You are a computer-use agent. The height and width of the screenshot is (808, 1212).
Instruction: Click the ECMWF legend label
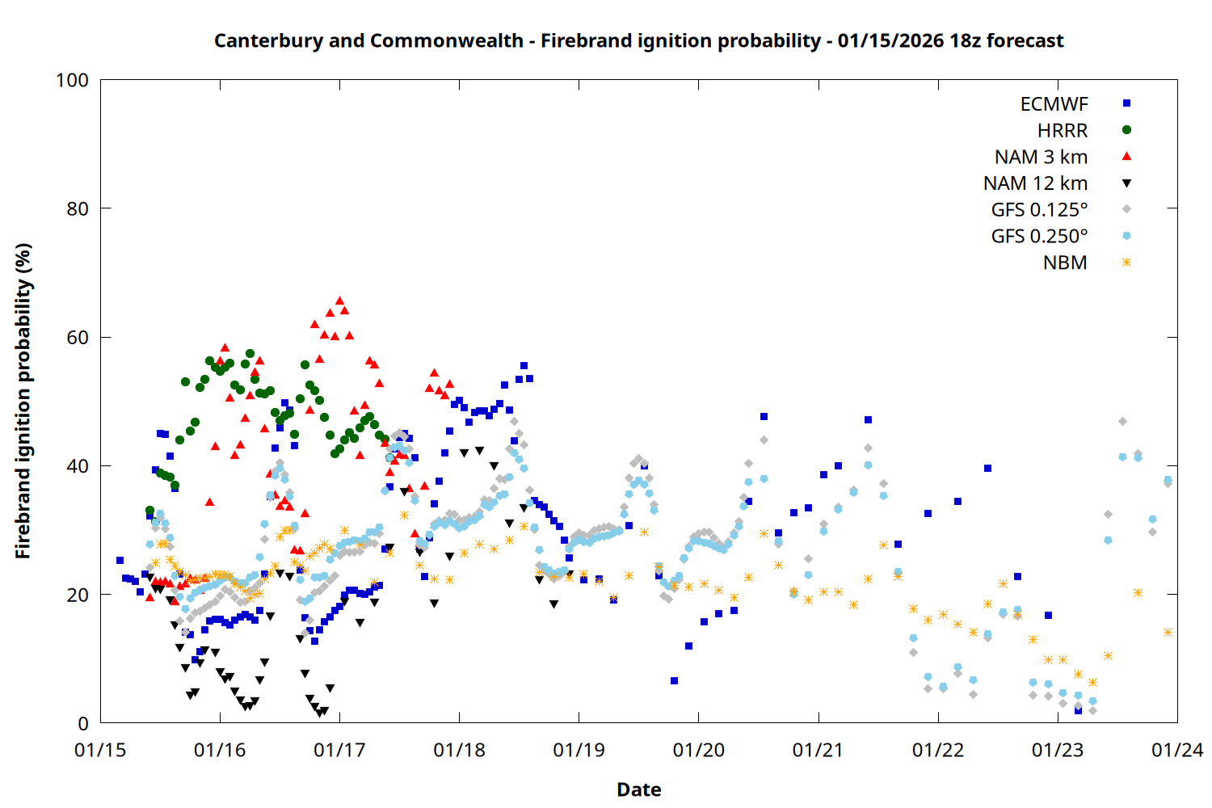[x=1054, y=104]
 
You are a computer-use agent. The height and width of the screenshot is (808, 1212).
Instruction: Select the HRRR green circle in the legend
[x=1126, y=130]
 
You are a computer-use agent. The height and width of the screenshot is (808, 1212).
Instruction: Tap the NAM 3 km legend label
[x=1041, y=157]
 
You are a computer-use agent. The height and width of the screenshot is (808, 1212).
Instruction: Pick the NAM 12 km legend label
[x=1035, y=183]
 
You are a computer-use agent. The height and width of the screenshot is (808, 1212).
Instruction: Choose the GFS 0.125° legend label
[x=1039, y=210]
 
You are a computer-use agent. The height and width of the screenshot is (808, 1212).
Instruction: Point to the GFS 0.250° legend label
[x=1039, y=237]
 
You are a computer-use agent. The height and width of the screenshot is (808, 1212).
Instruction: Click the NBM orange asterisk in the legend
[x=1126, y=263]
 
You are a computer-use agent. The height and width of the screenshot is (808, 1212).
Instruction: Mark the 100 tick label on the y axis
[x=72, y=80]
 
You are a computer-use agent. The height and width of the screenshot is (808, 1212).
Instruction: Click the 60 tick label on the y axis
[x=78, y=338]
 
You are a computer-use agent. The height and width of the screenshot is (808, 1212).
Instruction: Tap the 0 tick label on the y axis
[x=83, y=724]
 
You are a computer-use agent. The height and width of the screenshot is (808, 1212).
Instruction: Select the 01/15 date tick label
[x=100, y=751]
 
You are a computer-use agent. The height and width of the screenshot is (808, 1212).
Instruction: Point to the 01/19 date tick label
[x=579, y=751]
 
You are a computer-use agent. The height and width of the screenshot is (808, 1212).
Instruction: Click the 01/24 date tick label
[x=1177, y=751]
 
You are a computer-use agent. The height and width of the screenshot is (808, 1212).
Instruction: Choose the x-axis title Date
[x=638, y=789]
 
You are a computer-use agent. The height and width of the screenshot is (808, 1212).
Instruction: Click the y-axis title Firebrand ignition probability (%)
[x=23, y=401]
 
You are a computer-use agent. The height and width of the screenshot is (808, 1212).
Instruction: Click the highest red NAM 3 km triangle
[x=339, y=301]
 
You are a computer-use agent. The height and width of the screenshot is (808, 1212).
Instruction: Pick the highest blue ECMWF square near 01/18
[x=524, y=366]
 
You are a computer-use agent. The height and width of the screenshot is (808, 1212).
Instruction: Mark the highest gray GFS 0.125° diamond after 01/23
[x=1122, y=422]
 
